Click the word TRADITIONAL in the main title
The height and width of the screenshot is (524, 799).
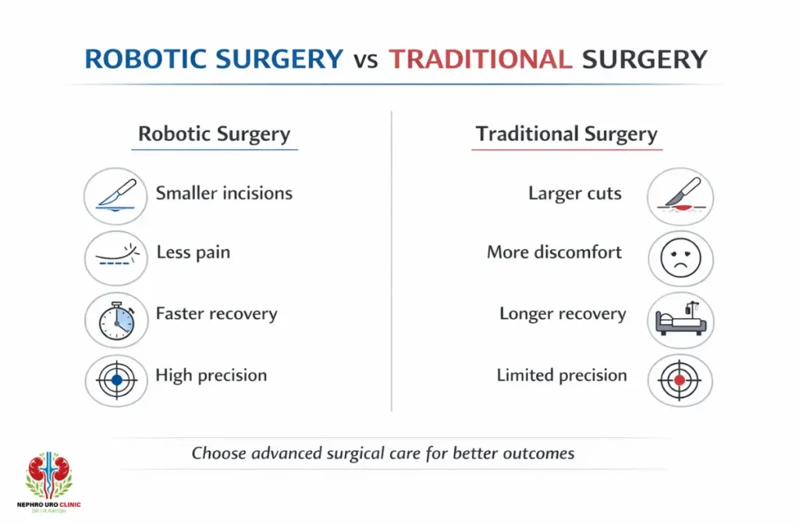pos(479,59)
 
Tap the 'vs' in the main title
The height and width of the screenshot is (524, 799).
pos(365,61)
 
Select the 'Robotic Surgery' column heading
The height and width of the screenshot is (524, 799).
pos(214,134)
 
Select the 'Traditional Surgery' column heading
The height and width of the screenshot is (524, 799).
pos(566,134)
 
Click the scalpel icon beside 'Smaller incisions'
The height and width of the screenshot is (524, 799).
pos(116,195)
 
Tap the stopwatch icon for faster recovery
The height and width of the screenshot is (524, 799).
pos(116,318)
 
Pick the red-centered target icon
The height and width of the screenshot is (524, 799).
pos(680,379)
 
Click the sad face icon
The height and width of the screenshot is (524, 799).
pos(680,257)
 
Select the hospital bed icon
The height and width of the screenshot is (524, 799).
pos(680,318)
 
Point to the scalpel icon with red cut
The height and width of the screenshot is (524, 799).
pos(680,196)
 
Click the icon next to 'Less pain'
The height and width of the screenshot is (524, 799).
pos(116,256)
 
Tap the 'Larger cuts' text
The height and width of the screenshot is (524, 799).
pos(575,194)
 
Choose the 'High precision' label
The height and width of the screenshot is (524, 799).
pos(211,376)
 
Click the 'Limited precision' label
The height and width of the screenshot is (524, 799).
pos(562,376)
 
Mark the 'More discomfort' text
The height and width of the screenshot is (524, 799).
pos(554,252)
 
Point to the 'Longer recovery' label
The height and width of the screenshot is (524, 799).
pos(563,315)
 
